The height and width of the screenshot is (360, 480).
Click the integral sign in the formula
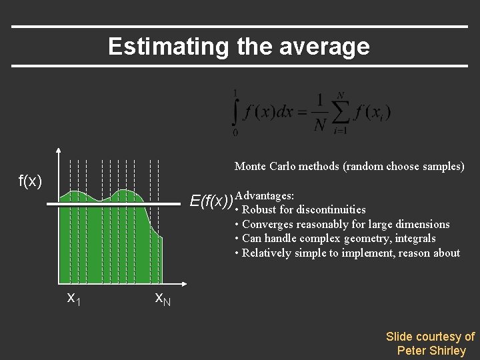[235, 111]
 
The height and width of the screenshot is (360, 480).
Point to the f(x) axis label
[31, 181]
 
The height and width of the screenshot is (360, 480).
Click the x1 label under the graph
[74, 298]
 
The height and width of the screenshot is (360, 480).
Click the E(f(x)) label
[211, 201]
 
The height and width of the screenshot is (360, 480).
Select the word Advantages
[265, 196]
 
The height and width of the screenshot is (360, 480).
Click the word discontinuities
[331, 209]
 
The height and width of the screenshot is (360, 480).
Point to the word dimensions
[420, 224]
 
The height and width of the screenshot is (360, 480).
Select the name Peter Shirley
[431, 351]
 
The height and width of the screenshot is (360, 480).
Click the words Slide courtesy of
[430, 337]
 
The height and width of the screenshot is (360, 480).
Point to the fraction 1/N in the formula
[320, 111]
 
